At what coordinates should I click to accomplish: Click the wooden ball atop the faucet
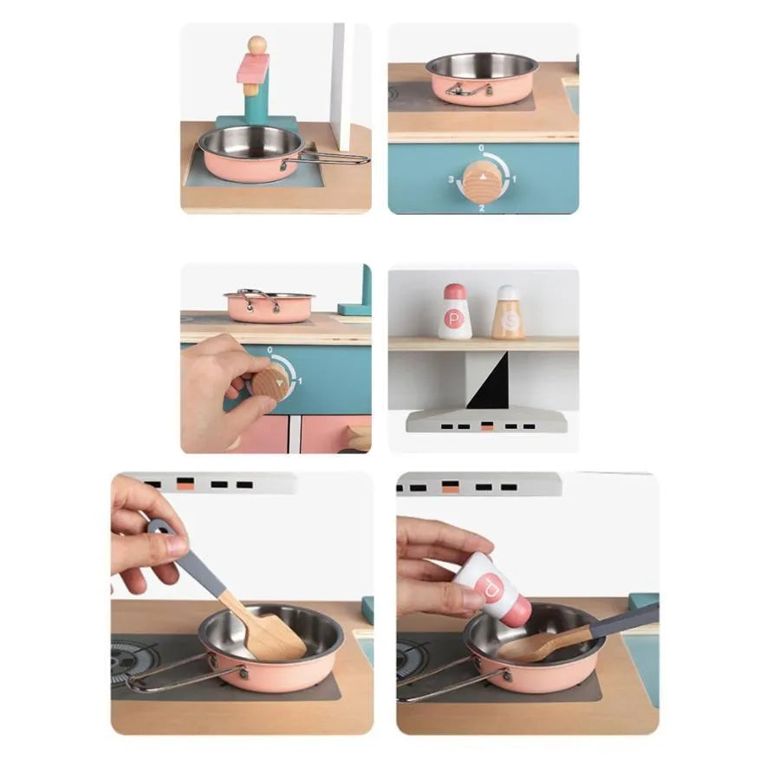coord(257,44)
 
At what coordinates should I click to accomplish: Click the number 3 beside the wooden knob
coord(451,179)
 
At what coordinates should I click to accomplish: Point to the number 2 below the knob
coord(481,208)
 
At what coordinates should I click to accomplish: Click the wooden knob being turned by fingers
coord(271,381)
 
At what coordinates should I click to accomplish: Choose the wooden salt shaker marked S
coord(508,313)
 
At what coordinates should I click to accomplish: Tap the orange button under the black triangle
coord(488,426)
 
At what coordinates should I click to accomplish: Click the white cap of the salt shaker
coord(508,293)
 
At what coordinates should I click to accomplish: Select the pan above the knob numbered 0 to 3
coord(482,78)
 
